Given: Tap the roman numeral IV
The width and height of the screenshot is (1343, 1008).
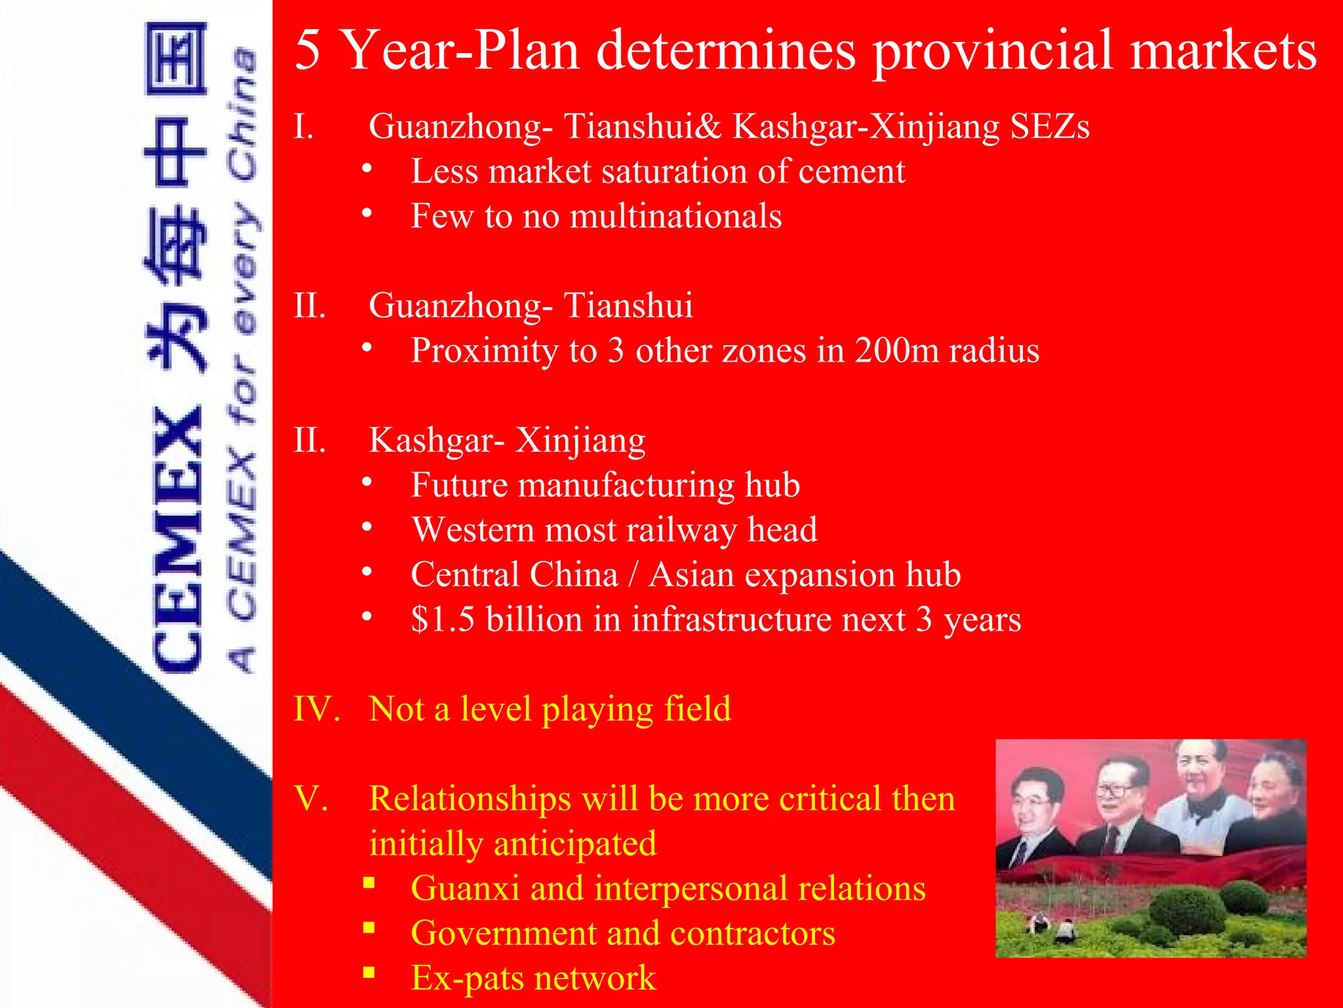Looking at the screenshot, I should [317, 709].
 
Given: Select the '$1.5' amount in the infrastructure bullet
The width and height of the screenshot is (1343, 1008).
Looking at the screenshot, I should [442, 619].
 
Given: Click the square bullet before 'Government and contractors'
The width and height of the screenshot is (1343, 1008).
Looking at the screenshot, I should [369, 928].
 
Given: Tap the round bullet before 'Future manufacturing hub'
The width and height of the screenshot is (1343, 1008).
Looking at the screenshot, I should [367, 482].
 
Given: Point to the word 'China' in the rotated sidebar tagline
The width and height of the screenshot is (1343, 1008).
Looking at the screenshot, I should [243, 115].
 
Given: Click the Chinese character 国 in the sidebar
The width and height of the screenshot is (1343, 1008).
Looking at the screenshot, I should [176, 59].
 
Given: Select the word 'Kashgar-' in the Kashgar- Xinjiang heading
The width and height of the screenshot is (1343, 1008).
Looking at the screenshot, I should [437, 440].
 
